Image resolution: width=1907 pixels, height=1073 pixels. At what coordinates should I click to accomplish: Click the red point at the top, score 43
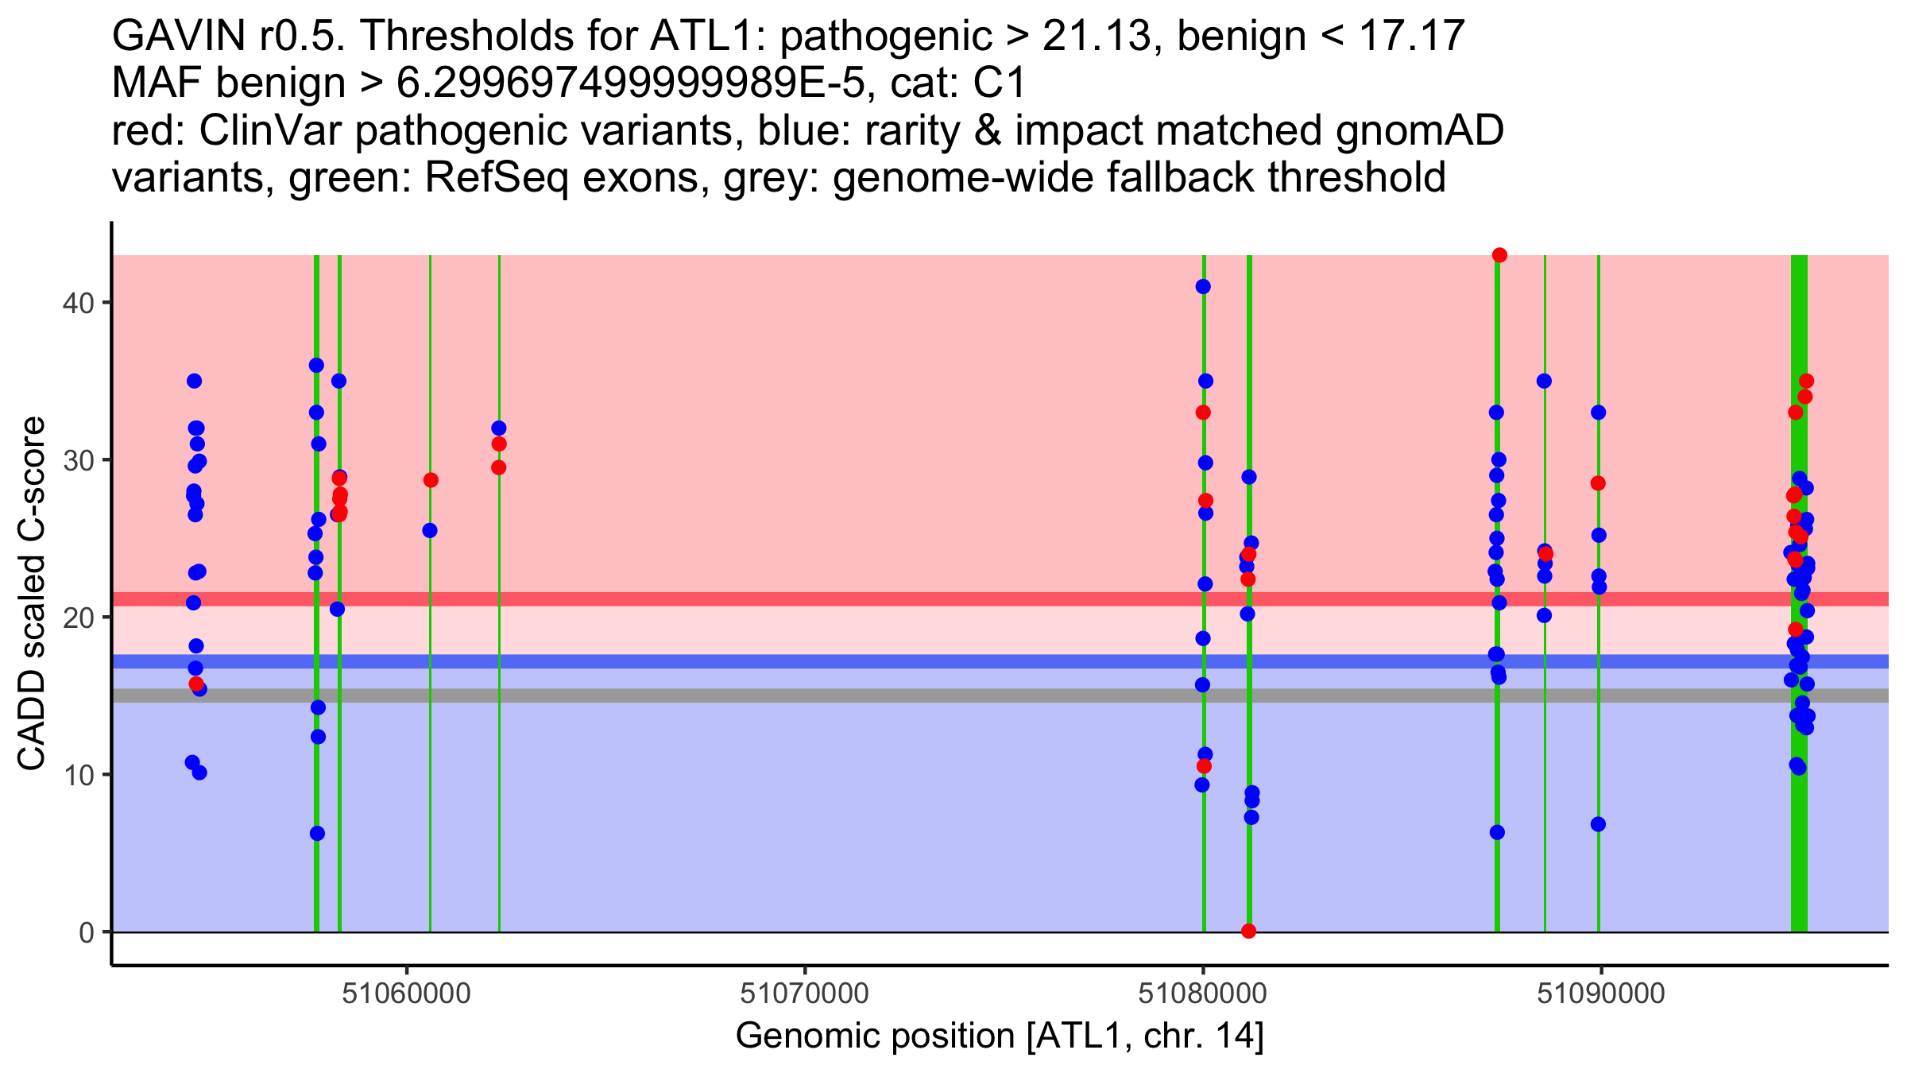(1499, 255)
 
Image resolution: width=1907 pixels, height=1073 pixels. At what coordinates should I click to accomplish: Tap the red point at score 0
(1248, 931)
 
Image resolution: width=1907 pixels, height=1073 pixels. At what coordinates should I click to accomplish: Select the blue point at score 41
(1203, 287)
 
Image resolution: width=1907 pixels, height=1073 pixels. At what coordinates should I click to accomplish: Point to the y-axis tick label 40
(79, 303)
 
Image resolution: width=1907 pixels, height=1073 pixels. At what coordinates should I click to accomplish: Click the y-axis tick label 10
(79, 775)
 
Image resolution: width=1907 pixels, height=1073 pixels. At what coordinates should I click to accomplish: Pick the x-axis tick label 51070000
(804, 994)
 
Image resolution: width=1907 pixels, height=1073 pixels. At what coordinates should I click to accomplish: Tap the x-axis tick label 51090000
(1600, 994)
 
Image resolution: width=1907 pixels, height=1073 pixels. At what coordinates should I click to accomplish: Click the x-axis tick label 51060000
(407, 994)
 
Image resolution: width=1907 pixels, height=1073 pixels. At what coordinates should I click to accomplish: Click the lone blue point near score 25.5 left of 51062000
(430, 530)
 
